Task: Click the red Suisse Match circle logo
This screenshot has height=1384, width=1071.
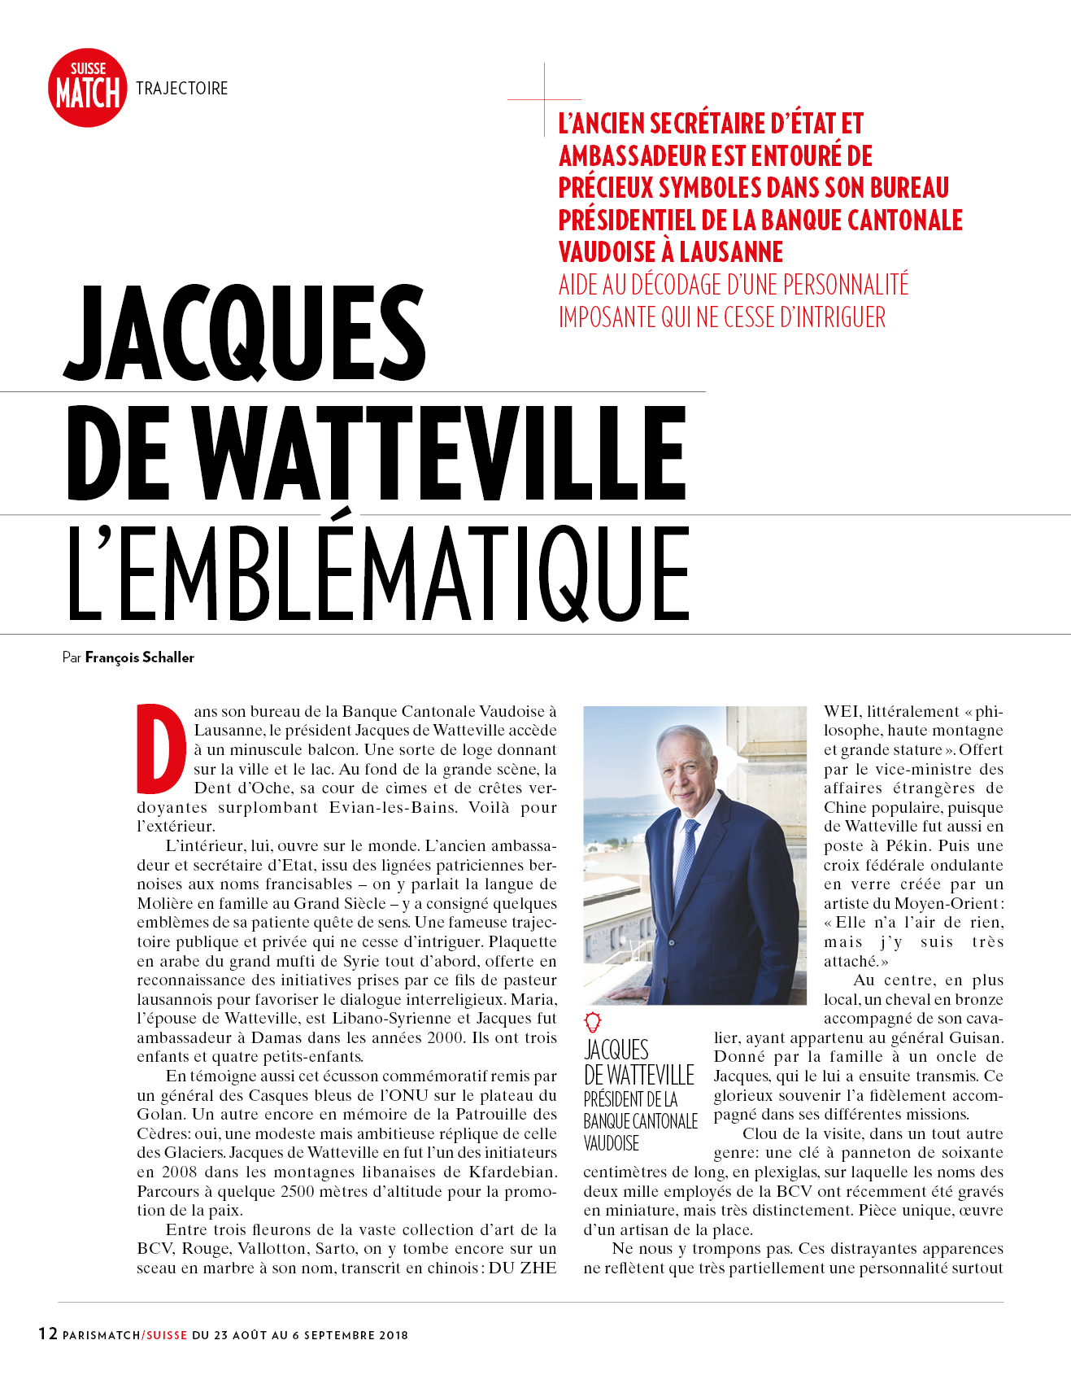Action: (x=88, y=88)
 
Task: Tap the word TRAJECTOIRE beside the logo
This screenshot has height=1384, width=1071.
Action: (x=182, y=89)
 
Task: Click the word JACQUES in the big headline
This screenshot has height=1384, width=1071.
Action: (x=245, y=334)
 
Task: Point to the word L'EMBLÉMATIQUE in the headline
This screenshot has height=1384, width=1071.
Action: (x=378, y=574)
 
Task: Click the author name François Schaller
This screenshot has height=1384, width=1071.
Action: (x=140, y=657)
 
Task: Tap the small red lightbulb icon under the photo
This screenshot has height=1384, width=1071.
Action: (x=593, y=1021)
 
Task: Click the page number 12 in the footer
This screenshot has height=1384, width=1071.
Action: (x=48, y=1334)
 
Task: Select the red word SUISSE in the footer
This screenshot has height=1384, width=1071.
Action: (x=166, y=1335)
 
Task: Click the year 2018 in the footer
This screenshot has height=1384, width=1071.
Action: (x=394, y=1335)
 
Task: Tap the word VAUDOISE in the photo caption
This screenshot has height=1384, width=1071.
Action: (x=612, y=1143)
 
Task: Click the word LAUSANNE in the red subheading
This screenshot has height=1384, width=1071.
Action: (x=731, y=252)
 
